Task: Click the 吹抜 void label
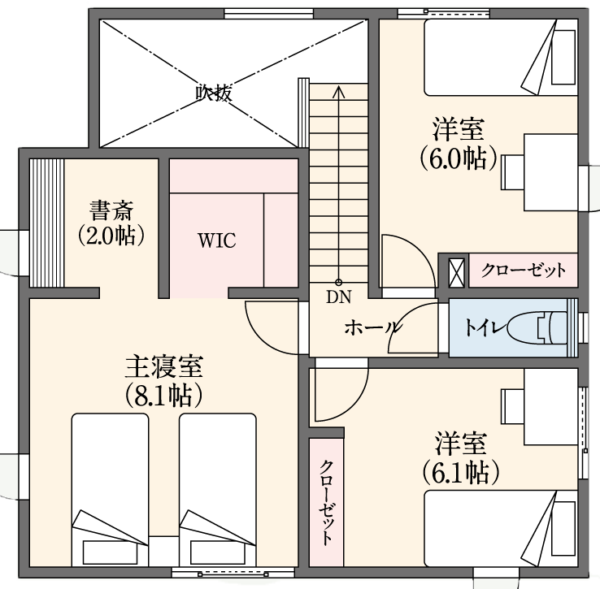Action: tap(214, 93)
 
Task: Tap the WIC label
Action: tap(216, 240)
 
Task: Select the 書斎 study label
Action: tap(111, 210)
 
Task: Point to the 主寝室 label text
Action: tap(164, 366)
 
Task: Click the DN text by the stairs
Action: tap(339, 297)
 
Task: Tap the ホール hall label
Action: tap(372, 328)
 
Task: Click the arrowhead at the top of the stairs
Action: tap(338, 91)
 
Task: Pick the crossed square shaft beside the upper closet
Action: tap(457, 273)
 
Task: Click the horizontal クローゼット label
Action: tap(523, 271)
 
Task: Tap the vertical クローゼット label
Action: tap(326, 502)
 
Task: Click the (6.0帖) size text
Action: tap(459, 158)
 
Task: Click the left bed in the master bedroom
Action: tap(111, 489)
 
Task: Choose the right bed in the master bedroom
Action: tap(218, 489)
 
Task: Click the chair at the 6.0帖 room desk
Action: tap(512, 172)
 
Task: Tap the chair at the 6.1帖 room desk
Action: tap(512, 406)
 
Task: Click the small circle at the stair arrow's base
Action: tap(338, 283)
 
